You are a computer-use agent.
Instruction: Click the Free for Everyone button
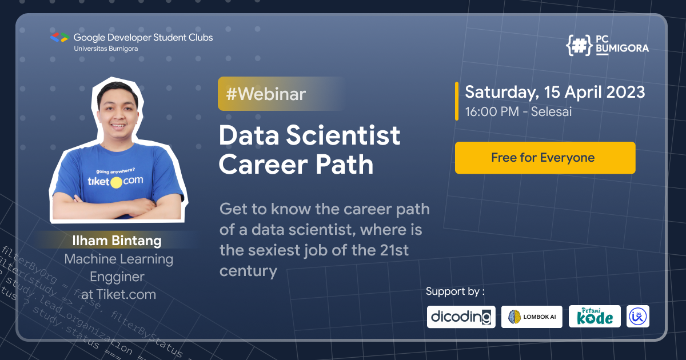pos(545,158)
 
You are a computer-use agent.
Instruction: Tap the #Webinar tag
pos(266,94)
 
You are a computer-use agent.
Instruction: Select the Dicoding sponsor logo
pos(461,317)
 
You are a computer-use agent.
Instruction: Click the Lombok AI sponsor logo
pos(532,317)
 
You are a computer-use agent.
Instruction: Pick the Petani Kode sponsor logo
pos(595,317)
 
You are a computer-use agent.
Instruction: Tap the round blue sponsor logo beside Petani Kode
pos(638,317)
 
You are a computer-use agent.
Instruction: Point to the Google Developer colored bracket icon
pos(59,38)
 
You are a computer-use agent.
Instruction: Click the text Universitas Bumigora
pos(106,49)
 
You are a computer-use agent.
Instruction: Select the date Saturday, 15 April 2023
pos(555,92)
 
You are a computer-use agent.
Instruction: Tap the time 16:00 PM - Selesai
pos(519,111)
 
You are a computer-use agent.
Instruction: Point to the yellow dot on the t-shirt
pos(116,183)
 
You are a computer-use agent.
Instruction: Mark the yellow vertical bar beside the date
pos(457,101)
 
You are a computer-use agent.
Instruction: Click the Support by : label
pos(455,291)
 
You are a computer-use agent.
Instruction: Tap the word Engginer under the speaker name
pos(117,277)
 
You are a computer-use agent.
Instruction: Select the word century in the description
pos(248,270)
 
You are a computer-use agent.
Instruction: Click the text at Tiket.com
pos(118,295)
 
